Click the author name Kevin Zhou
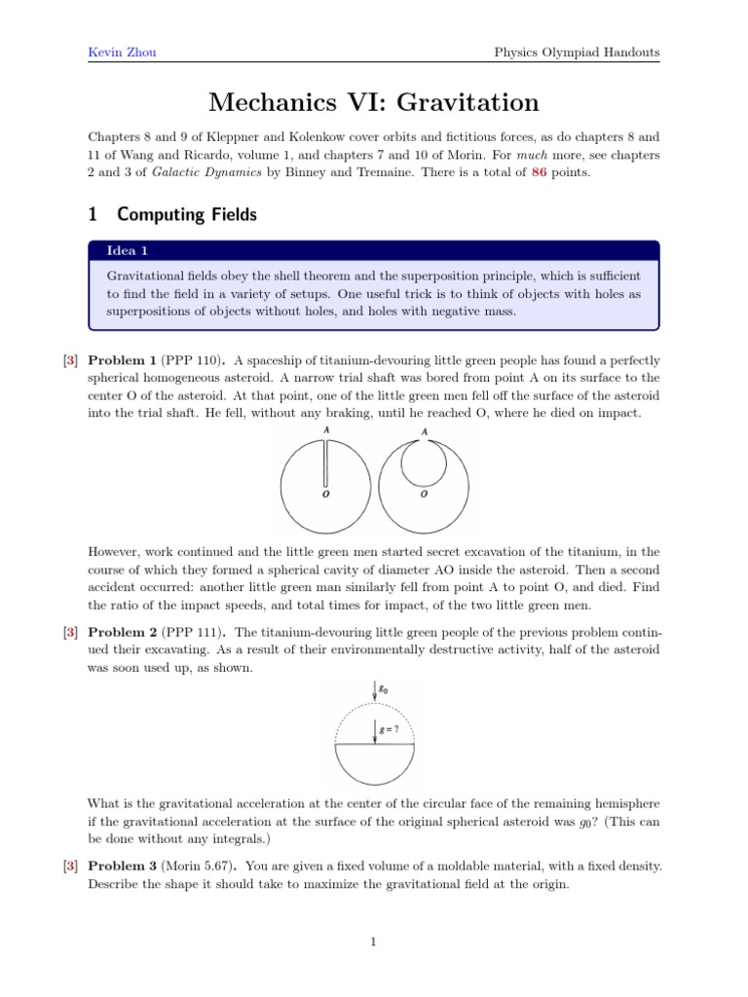[x=118, y=52]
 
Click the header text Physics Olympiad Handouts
[x=578, y=52]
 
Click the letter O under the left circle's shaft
[x=325, y=496]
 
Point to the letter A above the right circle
[x=423, y=432]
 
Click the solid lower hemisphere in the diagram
[x=375, y=763]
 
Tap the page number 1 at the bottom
[x=374, y=942]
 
